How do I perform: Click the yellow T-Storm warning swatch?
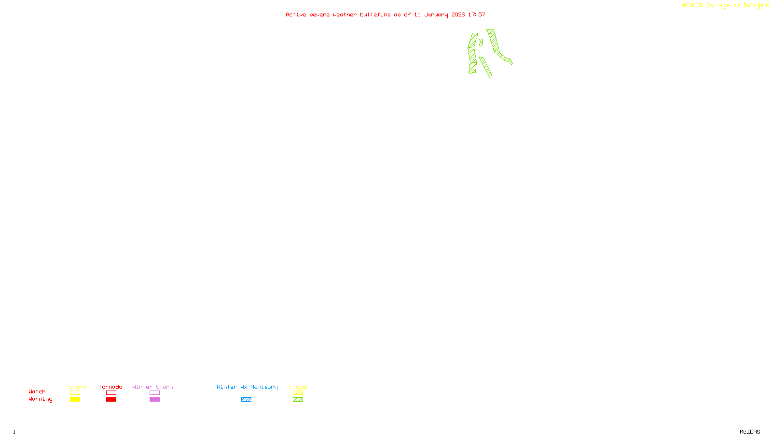75,400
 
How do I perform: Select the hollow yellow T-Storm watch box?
75,393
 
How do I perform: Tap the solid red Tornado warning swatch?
111,400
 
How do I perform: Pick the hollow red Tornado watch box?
111,393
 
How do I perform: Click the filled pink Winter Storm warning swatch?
154,400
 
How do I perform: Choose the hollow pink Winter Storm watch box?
154,393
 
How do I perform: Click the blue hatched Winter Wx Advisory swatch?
246,400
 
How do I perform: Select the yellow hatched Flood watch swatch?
298,393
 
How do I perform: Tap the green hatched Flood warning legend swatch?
298,400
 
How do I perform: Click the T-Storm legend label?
74,387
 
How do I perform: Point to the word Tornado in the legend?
110,387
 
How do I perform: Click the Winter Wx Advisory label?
247,387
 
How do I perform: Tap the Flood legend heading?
298,387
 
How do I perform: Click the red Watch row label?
37,392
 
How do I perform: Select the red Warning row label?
40,399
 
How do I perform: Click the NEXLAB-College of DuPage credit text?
723,6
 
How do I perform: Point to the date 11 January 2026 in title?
439,15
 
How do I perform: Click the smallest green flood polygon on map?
481,43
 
